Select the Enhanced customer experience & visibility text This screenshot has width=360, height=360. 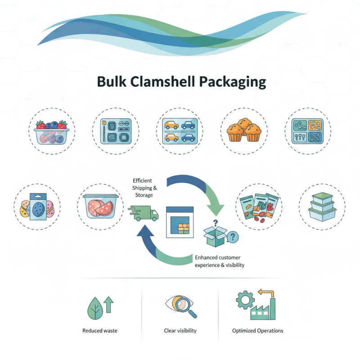point(219,261)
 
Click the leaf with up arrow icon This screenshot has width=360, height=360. point(100,306)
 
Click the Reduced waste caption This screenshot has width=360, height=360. point(100,331)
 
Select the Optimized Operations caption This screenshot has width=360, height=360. point(257,331)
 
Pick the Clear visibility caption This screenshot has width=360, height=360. point(180,331)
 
